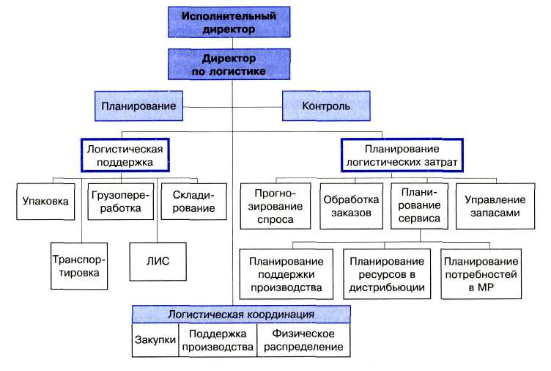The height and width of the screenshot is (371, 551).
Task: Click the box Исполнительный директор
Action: pyautogui.click(x=229, y=22)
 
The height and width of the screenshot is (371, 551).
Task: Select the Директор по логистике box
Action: pyautogui.click(x=229, y=64)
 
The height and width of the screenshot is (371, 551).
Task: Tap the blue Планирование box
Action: pyautogui.click(x=138, y=106)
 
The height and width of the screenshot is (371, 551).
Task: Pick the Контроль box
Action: pyautogui.click(x=326, y=106)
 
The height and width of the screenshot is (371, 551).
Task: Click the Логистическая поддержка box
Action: pyautogui.click(x=125, y=155)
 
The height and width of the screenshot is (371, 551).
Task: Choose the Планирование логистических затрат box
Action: pyautogui.click(x=402, y=155)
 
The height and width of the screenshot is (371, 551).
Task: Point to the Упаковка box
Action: pyautogui.click(x=45, y=202)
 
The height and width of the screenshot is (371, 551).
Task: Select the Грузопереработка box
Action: pyautogui.click(x=120, y=202)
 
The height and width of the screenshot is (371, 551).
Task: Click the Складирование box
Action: pyautogui.click(x=194, y=202)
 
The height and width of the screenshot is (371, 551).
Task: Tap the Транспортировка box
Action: pyautogui.click(x=79, y=266)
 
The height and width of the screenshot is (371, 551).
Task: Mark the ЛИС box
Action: pyautogui.click(x=158, y=261)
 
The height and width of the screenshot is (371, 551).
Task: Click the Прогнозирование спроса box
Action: pyautogui.click(x=275, y=206)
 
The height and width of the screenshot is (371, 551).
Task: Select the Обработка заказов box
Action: pyautogui.click(x=352, y=206)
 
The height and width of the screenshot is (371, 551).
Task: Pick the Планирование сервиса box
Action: pyautogui.click(x=420, y=206)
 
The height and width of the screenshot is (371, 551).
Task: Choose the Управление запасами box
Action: pyautogui.click(x=495, y=206)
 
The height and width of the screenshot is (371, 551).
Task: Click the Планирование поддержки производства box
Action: pyautogui.click(x=286, y=274)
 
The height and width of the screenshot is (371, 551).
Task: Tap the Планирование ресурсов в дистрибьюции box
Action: pyautogui.click(x=387, y=274)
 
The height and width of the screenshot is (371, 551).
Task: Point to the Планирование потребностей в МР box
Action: pyautogui.click(x=481, y=274)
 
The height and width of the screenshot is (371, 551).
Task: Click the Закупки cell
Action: pyautogui.click(x=155, y=340)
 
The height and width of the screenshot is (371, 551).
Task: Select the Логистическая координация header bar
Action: pyautogui.click(x=241, y=315)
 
